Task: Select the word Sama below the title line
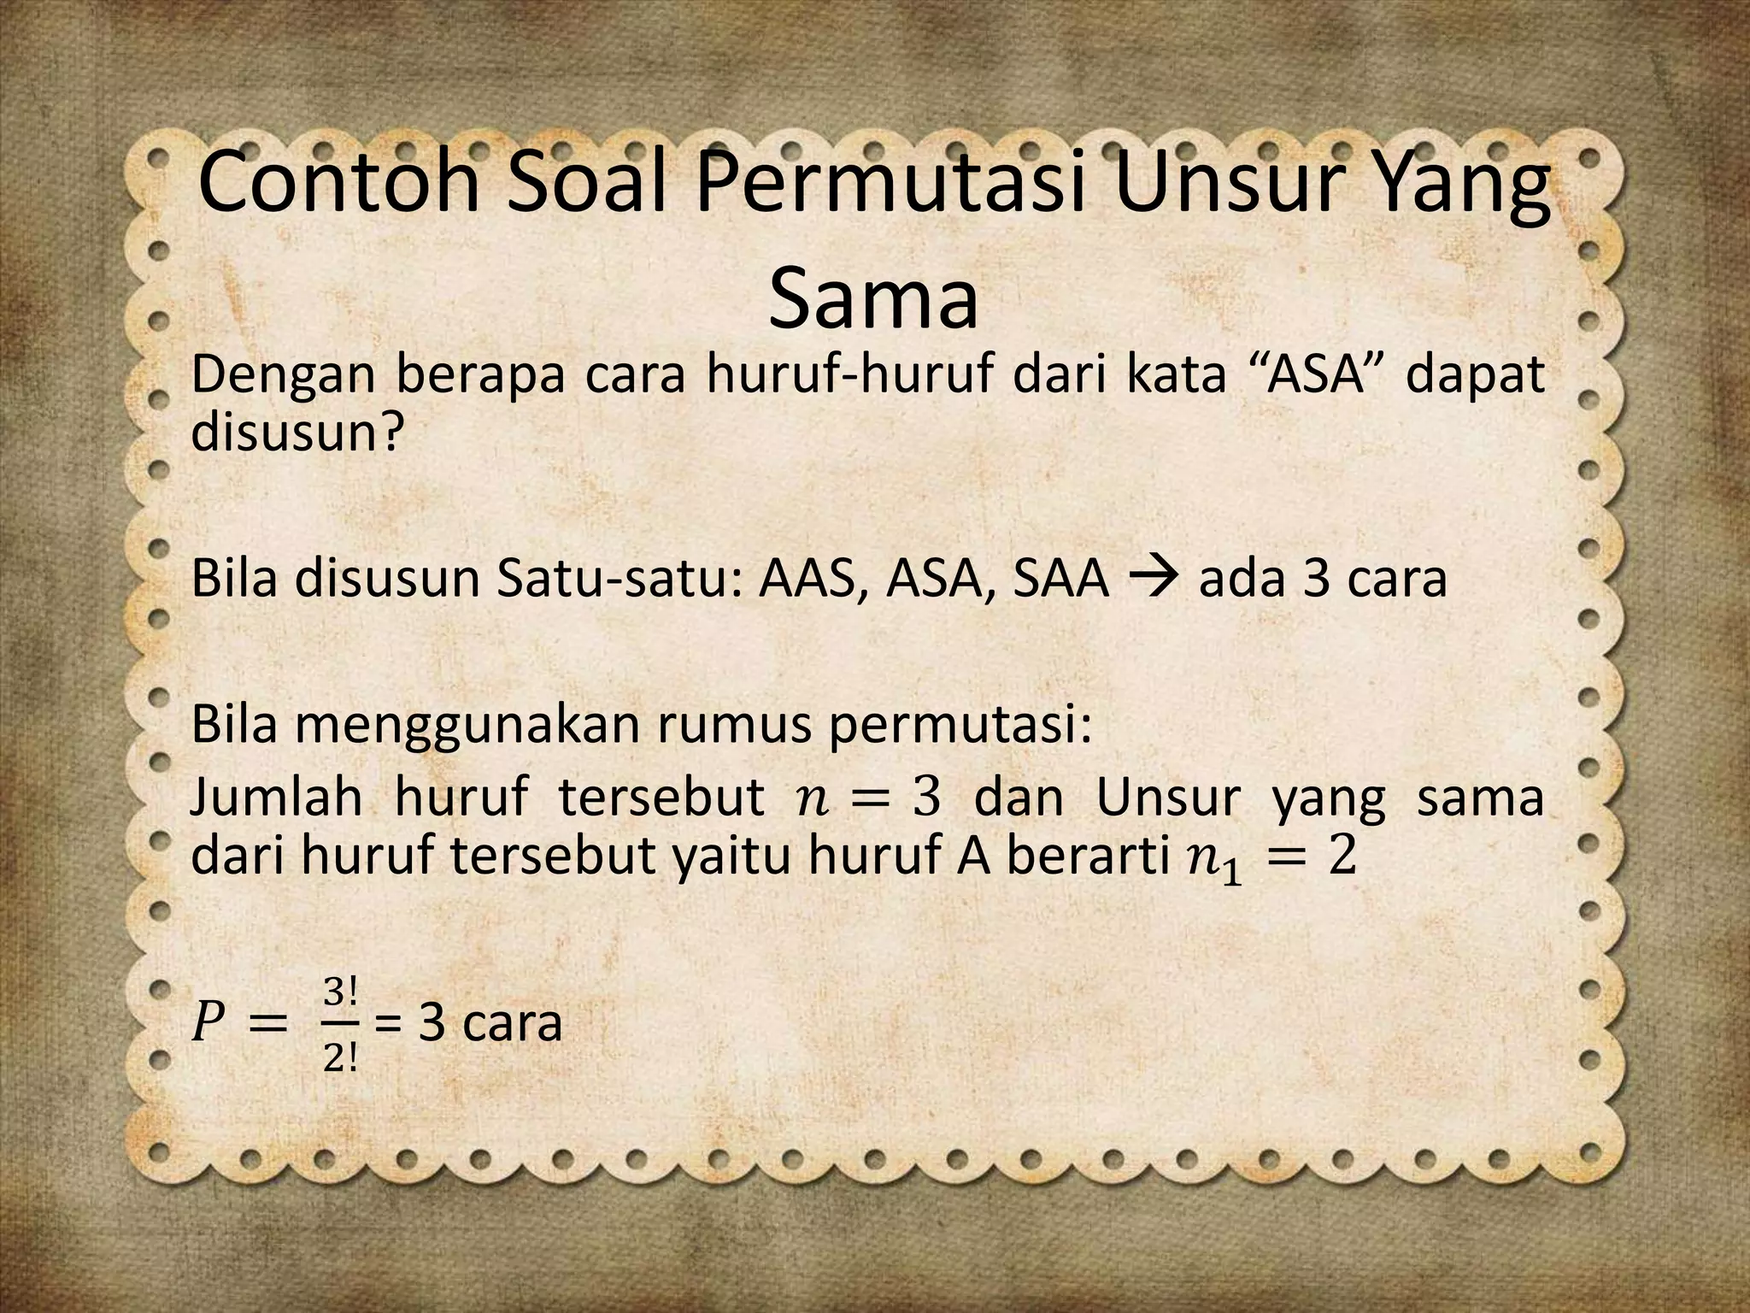click(x=872, y=299)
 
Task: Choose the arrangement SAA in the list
click(x=1059, y=579)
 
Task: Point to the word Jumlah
click(x=277, y=798)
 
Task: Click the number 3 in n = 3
click(x=925, y=798)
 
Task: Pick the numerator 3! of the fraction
click(x=340, y=992)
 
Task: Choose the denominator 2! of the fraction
click(x=340, y=1060)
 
